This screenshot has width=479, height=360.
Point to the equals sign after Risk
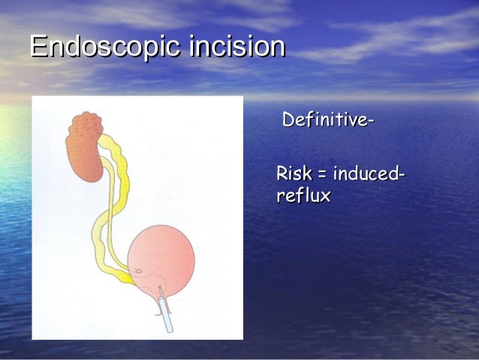click(x=321, y=175)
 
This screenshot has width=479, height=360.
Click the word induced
click(x=364, y=174)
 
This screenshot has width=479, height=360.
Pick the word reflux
click(x=304, y=196)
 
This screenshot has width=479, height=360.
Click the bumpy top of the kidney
click(x=88, y=120)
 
